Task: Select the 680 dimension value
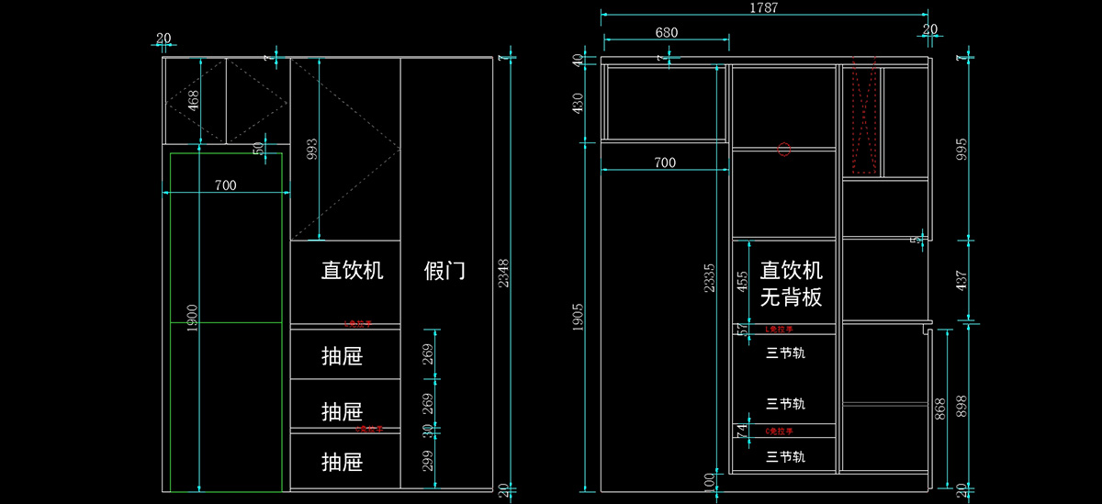667,32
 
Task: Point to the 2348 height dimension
503,274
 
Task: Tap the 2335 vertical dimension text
707,278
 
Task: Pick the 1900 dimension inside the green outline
192,319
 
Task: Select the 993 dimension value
312,150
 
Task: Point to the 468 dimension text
192,99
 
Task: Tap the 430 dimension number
579,103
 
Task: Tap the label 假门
444,271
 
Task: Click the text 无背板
791,297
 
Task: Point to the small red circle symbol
783,150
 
